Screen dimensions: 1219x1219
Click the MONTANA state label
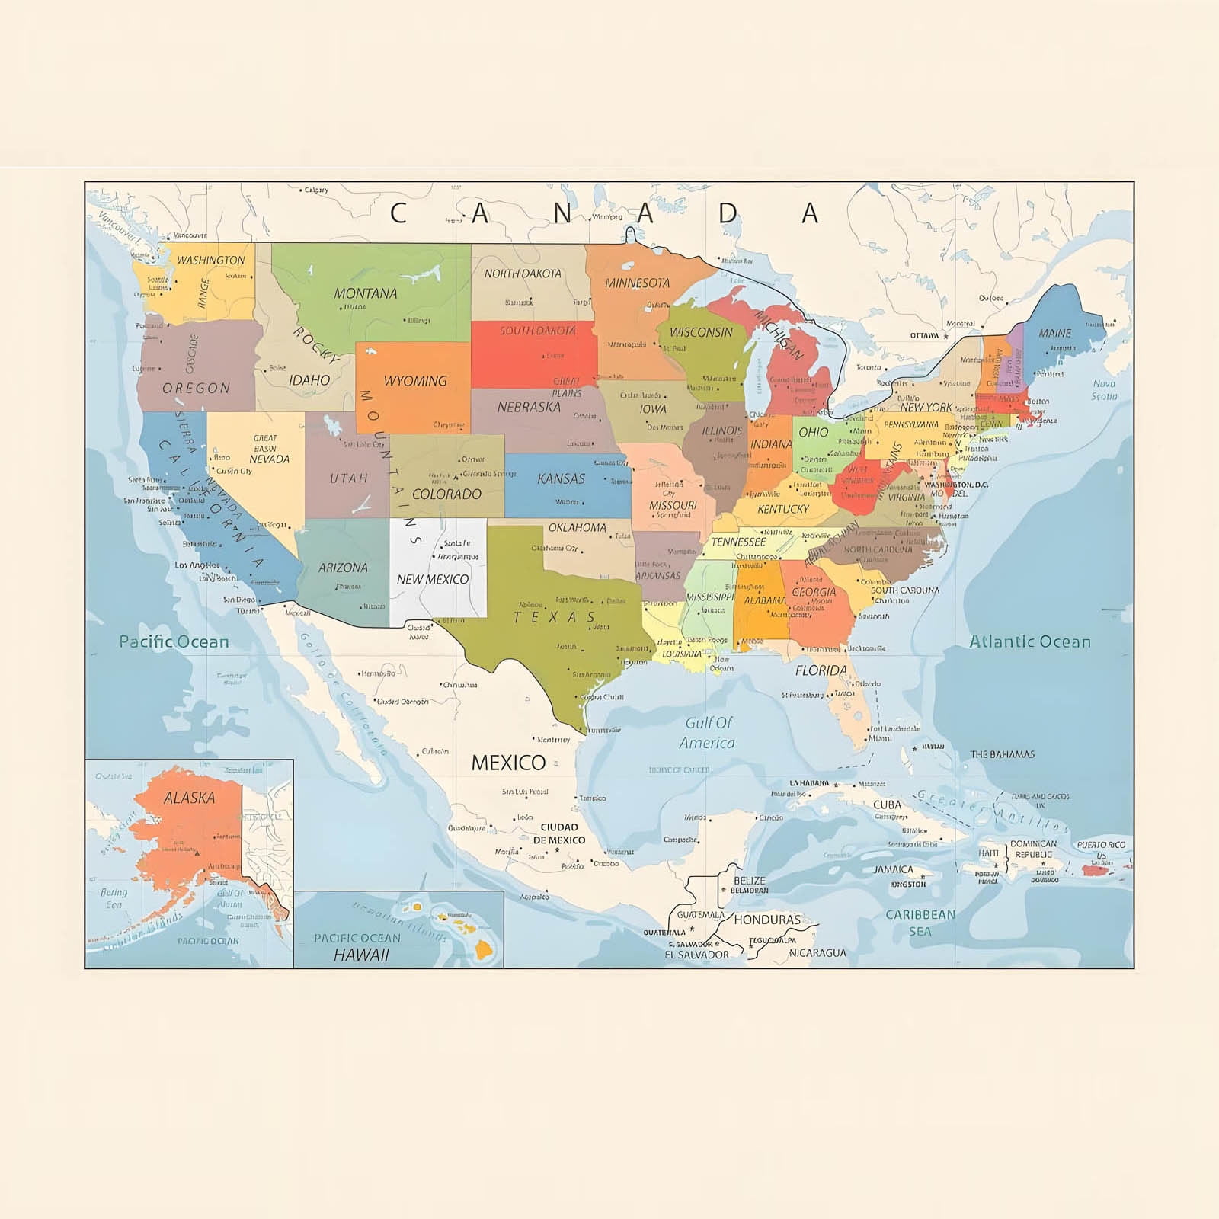pos(365,293)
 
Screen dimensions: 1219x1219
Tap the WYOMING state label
pos(414,381)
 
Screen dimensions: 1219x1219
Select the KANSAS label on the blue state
pos(561,478)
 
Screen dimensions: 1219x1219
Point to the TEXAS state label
pos(555,617)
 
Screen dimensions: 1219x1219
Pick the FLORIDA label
pos(821,670)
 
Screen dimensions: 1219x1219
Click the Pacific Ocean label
pos(174,641)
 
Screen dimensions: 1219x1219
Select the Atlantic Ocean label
pos(1029,641)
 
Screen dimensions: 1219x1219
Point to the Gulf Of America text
pos(708,732)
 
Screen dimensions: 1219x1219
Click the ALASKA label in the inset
pos(189,798)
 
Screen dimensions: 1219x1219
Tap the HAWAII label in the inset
pos(361,955)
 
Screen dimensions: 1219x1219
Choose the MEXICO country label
pos(508,762)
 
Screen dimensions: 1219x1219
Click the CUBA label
pos(887,805)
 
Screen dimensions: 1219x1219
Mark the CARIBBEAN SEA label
pos(920,922)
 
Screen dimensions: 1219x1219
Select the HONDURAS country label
pos(767,920)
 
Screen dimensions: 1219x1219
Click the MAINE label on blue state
pos(1054,333)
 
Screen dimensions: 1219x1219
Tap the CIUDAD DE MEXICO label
pos(559,833)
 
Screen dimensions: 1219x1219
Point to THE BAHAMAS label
pos(1002,754)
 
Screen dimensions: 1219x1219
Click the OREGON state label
pos(196,388)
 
